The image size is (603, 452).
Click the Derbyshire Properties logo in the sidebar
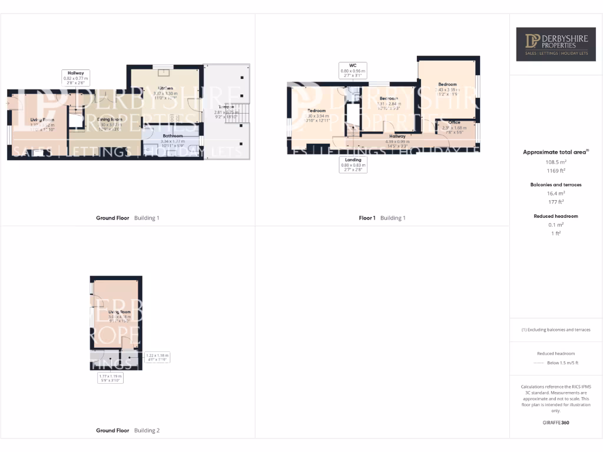tap(556, 44)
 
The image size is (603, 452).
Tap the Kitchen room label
tap(165, 88)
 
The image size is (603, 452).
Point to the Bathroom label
tap(173, 136)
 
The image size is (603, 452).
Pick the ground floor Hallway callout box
tap(75, 78)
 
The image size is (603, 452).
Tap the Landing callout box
tap(353, 163)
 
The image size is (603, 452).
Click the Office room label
tap(454, 122)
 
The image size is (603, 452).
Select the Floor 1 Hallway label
tap(397, 137)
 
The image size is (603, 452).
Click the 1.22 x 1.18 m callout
tap(157, 357)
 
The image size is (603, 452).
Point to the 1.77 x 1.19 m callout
tap(110, 377)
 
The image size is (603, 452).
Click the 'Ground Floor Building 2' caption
tap(128, 431)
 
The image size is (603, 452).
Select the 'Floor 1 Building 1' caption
tap(382, 218)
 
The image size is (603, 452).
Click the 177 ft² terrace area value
tap(556, 202)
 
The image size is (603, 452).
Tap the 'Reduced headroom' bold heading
tap(556, 216)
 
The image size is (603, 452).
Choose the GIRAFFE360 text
tap(556, 423)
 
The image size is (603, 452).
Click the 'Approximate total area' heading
tap(555, 152)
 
